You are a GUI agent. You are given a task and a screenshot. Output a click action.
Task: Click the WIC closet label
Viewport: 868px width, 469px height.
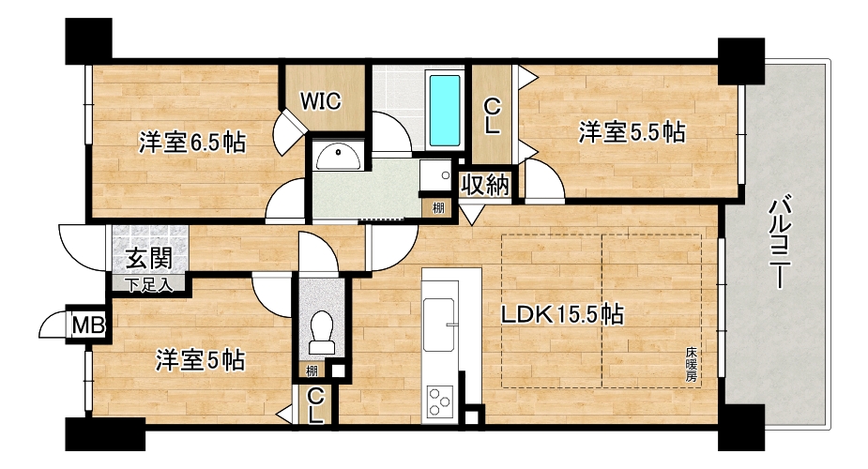point(321,101)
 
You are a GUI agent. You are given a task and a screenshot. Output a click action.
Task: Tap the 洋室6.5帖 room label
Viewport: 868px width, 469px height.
point(192,143)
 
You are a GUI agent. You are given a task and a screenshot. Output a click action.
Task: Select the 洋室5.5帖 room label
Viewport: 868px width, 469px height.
point(632,133)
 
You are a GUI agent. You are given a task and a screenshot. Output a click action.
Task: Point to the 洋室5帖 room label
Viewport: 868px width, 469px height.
point(200,360)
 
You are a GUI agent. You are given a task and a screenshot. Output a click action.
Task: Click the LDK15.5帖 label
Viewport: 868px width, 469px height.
point(562,314)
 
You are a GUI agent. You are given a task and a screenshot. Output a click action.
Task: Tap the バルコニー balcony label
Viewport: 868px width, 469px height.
point(780,241)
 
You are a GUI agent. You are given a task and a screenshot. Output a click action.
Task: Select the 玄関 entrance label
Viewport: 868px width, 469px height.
point(149,258)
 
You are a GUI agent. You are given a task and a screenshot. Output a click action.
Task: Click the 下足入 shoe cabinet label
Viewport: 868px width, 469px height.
point(148,285)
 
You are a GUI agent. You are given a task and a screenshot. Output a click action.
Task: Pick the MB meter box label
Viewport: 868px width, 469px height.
point(88,325)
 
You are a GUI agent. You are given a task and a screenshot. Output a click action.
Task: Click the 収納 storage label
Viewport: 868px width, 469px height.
point(485,185)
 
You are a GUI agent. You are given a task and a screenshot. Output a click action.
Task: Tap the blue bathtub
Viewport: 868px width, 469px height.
point(445,111)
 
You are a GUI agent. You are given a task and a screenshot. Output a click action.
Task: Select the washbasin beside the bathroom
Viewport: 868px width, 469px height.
point(338,157)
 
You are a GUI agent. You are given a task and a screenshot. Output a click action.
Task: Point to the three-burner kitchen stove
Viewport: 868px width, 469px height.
point(440,401)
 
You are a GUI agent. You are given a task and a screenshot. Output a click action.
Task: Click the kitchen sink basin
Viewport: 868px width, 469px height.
point(439,325)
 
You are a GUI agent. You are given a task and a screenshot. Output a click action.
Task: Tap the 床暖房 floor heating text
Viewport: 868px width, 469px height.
point(691,365)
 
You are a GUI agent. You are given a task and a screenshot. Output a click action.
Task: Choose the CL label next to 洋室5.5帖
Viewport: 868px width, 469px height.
point(492,115)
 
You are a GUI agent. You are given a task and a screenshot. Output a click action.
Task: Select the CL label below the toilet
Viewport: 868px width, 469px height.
point(315,405)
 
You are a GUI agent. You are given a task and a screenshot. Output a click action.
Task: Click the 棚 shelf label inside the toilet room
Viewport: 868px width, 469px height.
point(312,370)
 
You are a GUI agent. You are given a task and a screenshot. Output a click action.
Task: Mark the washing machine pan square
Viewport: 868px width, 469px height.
point(436,176)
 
